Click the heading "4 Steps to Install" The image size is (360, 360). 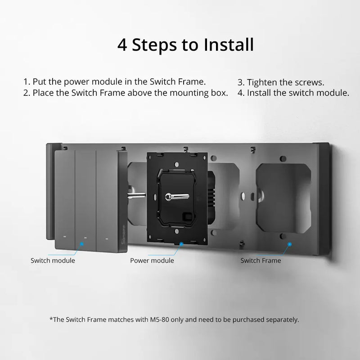pyautogui.click(x=185, y=45)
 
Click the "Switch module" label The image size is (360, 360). pyautogui.click(x=53, y=261)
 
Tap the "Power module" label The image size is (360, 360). pyautogui.click(x=152, y=261)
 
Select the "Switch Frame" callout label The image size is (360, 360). pyautogui.click(x=261, y=261)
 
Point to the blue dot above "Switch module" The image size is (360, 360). pyautogui.click(x=82, y=243)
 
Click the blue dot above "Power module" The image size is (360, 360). pyautogui.click(x=181, y=243)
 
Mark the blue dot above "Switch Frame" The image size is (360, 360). pyautogui.click(x=289, y=243)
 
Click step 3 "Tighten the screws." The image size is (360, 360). pyautogui.click(x=281, y=82)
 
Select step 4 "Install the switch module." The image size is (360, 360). pyautogui.click(x=293, y=93)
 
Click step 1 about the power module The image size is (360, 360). pyautogui.click(x=114, y=82)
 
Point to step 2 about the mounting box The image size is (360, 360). pyautogui.click(x=126, y=93)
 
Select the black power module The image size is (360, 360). pyautogui.click(x=176, y=198)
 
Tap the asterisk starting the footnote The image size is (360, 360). pyautogui.click(x=50, y=319)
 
